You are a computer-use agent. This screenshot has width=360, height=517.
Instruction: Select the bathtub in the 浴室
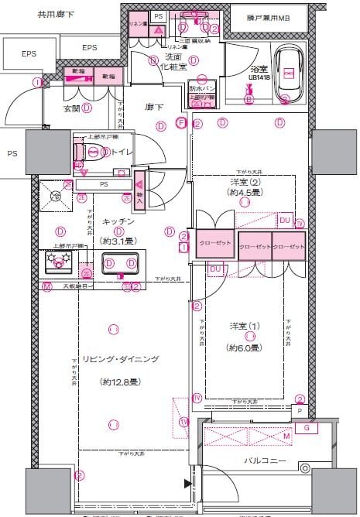pos(287,73)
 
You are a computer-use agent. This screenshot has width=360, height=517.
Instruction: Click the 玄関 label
pos(72,108)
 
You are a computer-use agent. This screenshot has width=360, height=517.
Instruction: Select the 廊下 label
pos(155,108)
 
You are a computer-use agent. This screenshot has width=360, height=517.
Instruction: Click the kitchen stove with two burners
pos(58,265)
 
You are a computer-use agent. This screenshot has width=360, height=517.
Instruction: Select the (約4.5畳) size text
pos(245,191)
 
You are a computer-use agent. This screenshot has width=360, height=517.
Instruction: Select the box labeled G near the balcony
pos(307,426)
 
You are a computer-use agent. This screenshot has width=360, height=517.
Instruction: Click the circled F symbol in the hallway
pos(181,122)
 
